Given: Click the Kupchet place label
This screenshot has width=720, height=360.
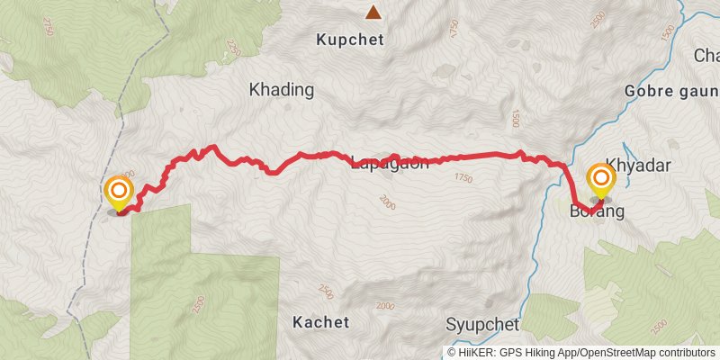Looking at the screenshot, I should pos(350,40).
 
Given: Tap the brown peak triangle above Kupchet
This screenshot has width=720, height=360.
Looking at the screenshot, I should pos(372,13).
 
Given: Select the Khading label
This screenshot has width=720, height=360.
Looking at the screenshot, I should pos(281,90).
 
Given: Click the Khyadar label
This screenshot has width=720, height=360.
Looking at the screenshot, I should pos(640,166).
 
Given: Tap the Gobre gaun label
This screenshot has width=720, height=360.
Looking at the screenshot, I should pos(671,92).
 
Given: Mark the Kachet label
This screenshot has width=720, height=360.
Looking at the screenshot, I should pos(320,321).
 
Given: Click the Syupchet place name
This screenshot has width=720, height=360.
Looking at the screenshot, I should pos(482,324).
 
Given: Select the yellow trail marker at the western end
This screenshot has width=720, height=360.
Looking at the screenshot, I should pos(119,193).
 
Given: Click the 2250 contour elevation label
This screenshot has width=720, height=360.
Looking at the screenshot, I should pos(233,44).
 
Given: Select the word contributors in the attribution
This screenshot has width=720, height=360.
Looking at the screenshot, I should pos(688,352).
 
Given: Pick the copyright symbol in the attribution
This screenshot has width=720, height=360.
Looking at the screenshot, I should pos(452,352).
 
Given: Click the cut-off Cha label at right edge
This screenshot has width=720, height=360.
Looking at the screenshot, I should pos(706,56).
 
